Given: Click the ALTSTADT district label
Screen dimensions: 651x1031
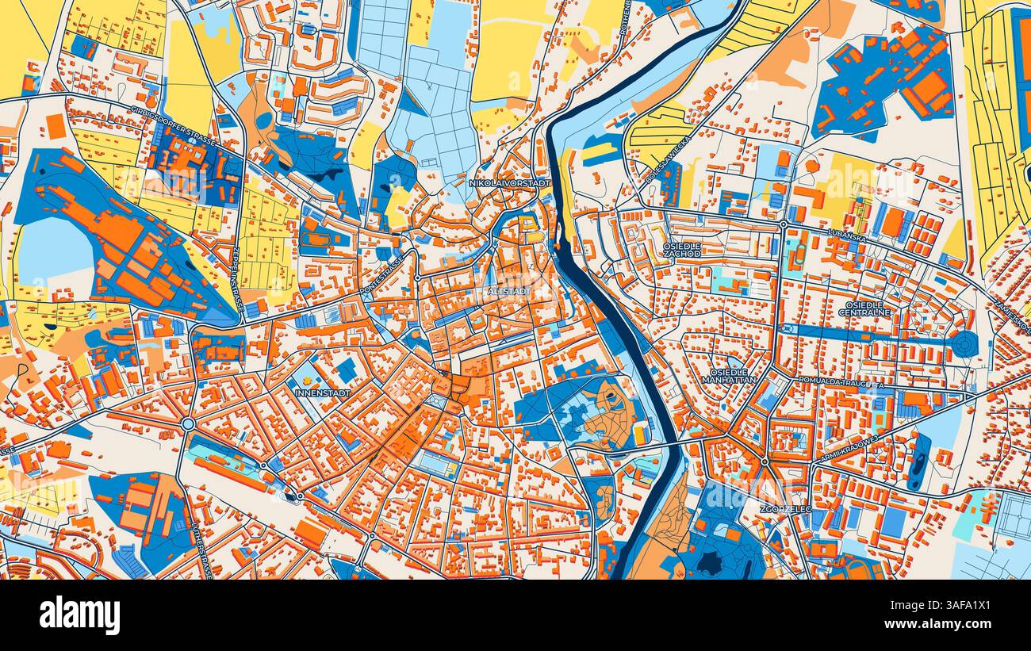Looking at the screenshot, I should pyautogui.click(x=511, y=292).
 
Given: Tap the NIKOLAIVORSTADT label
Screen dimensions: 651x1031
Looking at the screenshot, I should pyautogui.click(x=510, y=183).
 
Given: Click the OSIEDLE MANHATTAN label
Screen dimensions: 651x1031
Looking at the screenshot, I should pyautogui.click(x=729, y=375).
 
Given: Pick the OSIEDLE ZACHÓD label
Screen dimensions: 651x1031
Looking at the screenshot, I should pyautogui.click(x=682, y=250).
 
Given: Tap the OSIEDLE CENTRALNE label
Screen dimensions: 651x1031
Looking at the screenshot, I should pyautogui.click(x=864, y=308).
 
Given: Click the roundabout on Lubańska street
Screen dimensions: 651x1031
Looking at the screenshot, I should pyautogui.click(x=783, y=225).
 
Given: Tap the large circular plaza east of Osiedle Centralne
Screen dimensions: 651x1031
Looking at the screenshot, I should pyautogui.click(x=964, y=344).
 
